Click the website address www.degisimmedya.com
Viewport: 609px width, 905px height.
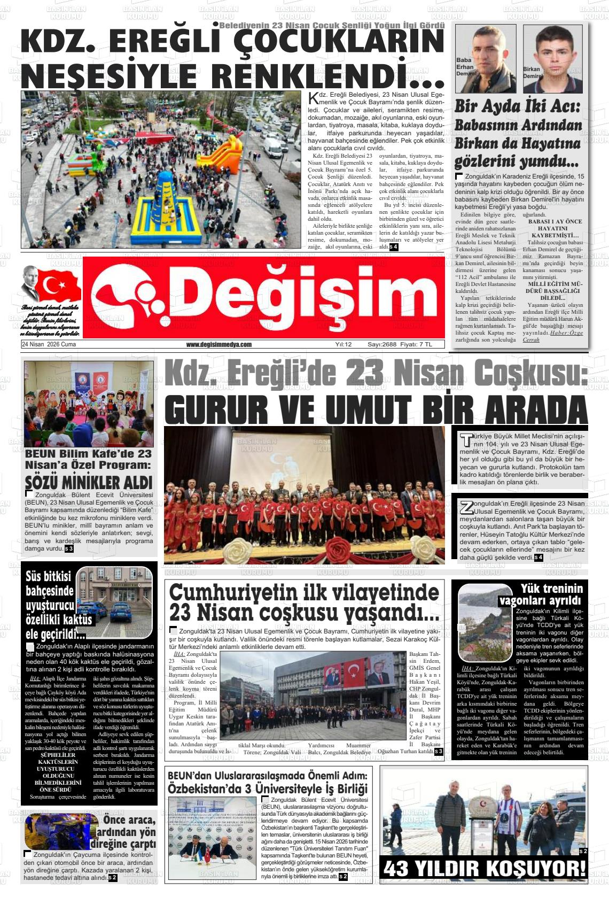218,345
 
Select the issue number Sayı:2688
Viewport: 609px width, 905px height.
382,345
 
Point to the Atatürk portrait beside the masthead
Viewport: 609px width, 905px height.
30,284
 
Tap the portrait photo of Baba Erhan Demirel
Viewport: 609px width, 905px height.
486,59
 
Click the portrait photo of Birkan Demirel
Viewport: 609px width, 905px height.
552,59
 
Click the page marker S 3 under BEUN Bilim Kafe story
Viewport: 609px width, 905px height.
69,549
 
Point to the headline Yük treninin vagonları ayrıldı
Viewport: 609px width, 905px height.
541,594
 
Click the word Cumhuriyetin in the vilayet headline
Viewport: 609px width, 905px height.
233,592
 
